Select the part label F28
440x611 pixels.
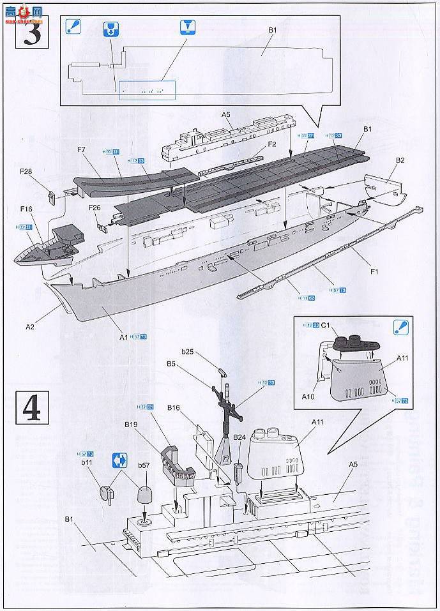pos(27,171)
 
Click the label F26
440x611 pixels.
pos(95,207)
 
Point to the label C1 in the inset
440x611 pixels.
pos(325,326)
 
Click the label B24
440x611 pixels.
pos(239,437)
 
